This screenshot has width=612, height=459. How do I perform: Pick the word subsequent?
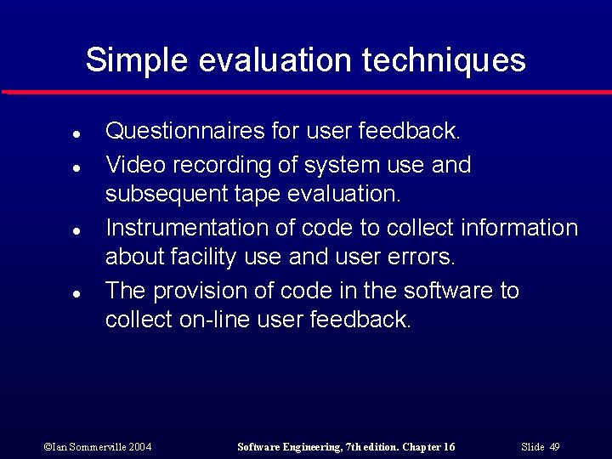click(165, 194)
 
